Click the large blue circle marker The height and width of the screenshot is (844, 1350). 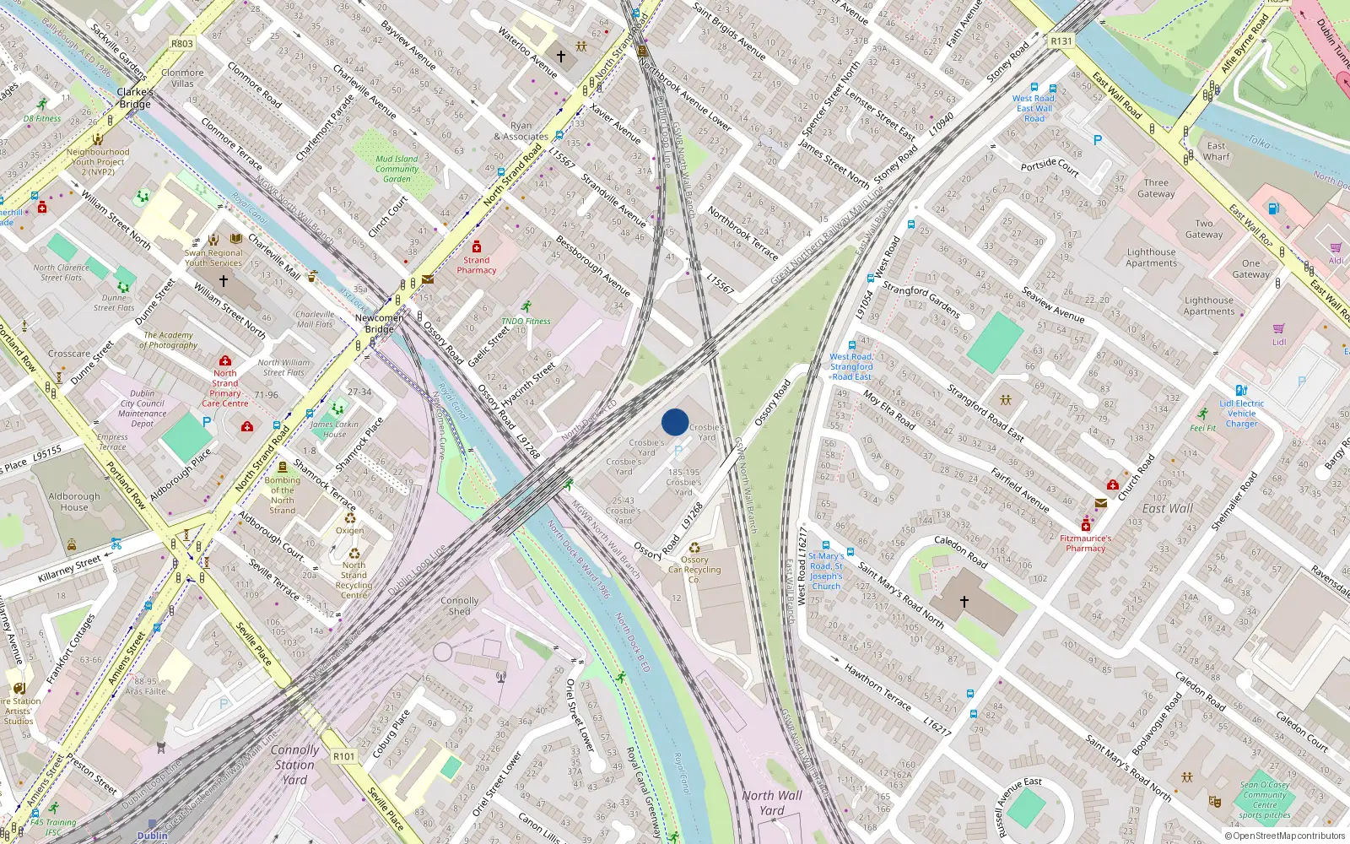tap(675, 422)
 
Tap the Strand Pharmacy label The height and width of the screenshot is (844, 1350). tap(477, 265)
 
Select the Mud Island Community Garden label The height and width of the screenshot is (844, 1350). tap(397, 169)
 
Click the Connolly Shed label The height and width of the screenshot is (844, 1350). tap(459, 606)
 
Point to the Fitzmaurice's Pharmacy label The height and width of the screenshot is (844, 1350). tap(1085, 543)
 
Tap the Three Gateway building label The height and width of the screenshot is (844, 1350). tap(1156, 188)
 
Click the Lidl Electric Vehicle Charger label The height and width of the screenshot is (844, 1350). tap(1241, 414)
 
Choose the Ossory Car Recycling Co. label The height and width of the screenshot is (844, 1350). tap(694, 570)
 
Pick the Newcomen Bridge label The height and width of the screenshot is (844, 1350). tap(379, 323)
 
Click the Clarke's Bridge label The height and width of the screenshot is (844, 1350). tap(135, 98)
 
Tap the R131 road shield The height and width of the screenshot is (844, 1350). tap(1061, 41)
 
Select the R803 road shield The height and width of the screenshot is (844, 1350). tap(181, 44)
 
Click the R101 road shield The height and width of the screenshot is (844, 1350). tap(343, 756)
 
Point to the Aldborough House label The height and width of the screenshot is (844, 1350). tap(74, 502)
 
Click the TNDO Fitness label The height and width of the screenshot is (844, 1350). tap(526, 322)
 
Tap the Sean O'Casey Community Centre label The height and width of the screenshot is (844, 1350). tap(1265, 800)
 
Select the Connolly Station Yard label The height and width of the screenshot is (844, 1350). tap(294, 765)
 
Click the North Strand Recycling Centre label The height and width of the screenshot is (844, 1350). tap(354, 580)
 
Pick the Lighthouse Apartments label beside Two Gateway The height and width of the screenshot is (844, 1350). tap(1151, 257)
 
